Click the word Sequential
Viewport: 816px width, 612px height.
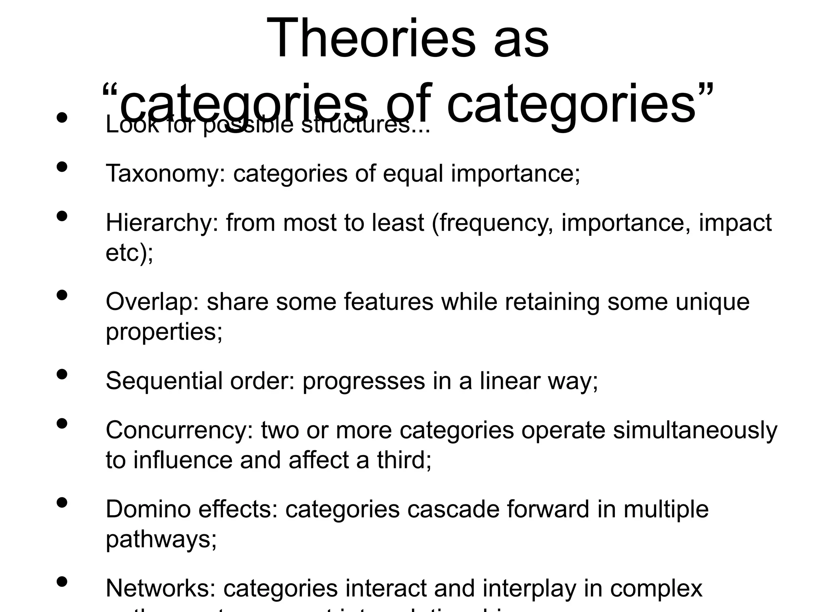pos(164,381)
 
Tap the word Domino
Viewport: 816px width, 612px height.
pos(148,509)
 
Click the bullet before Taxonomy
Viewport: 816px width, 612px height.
pos(62,167)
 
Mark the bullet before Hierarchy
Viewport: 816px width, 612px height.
pos(62,216)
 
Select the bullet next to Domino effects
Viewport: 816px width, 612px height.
pos(62,502)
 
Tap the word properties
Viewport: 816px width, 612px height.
pos(164,331)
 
